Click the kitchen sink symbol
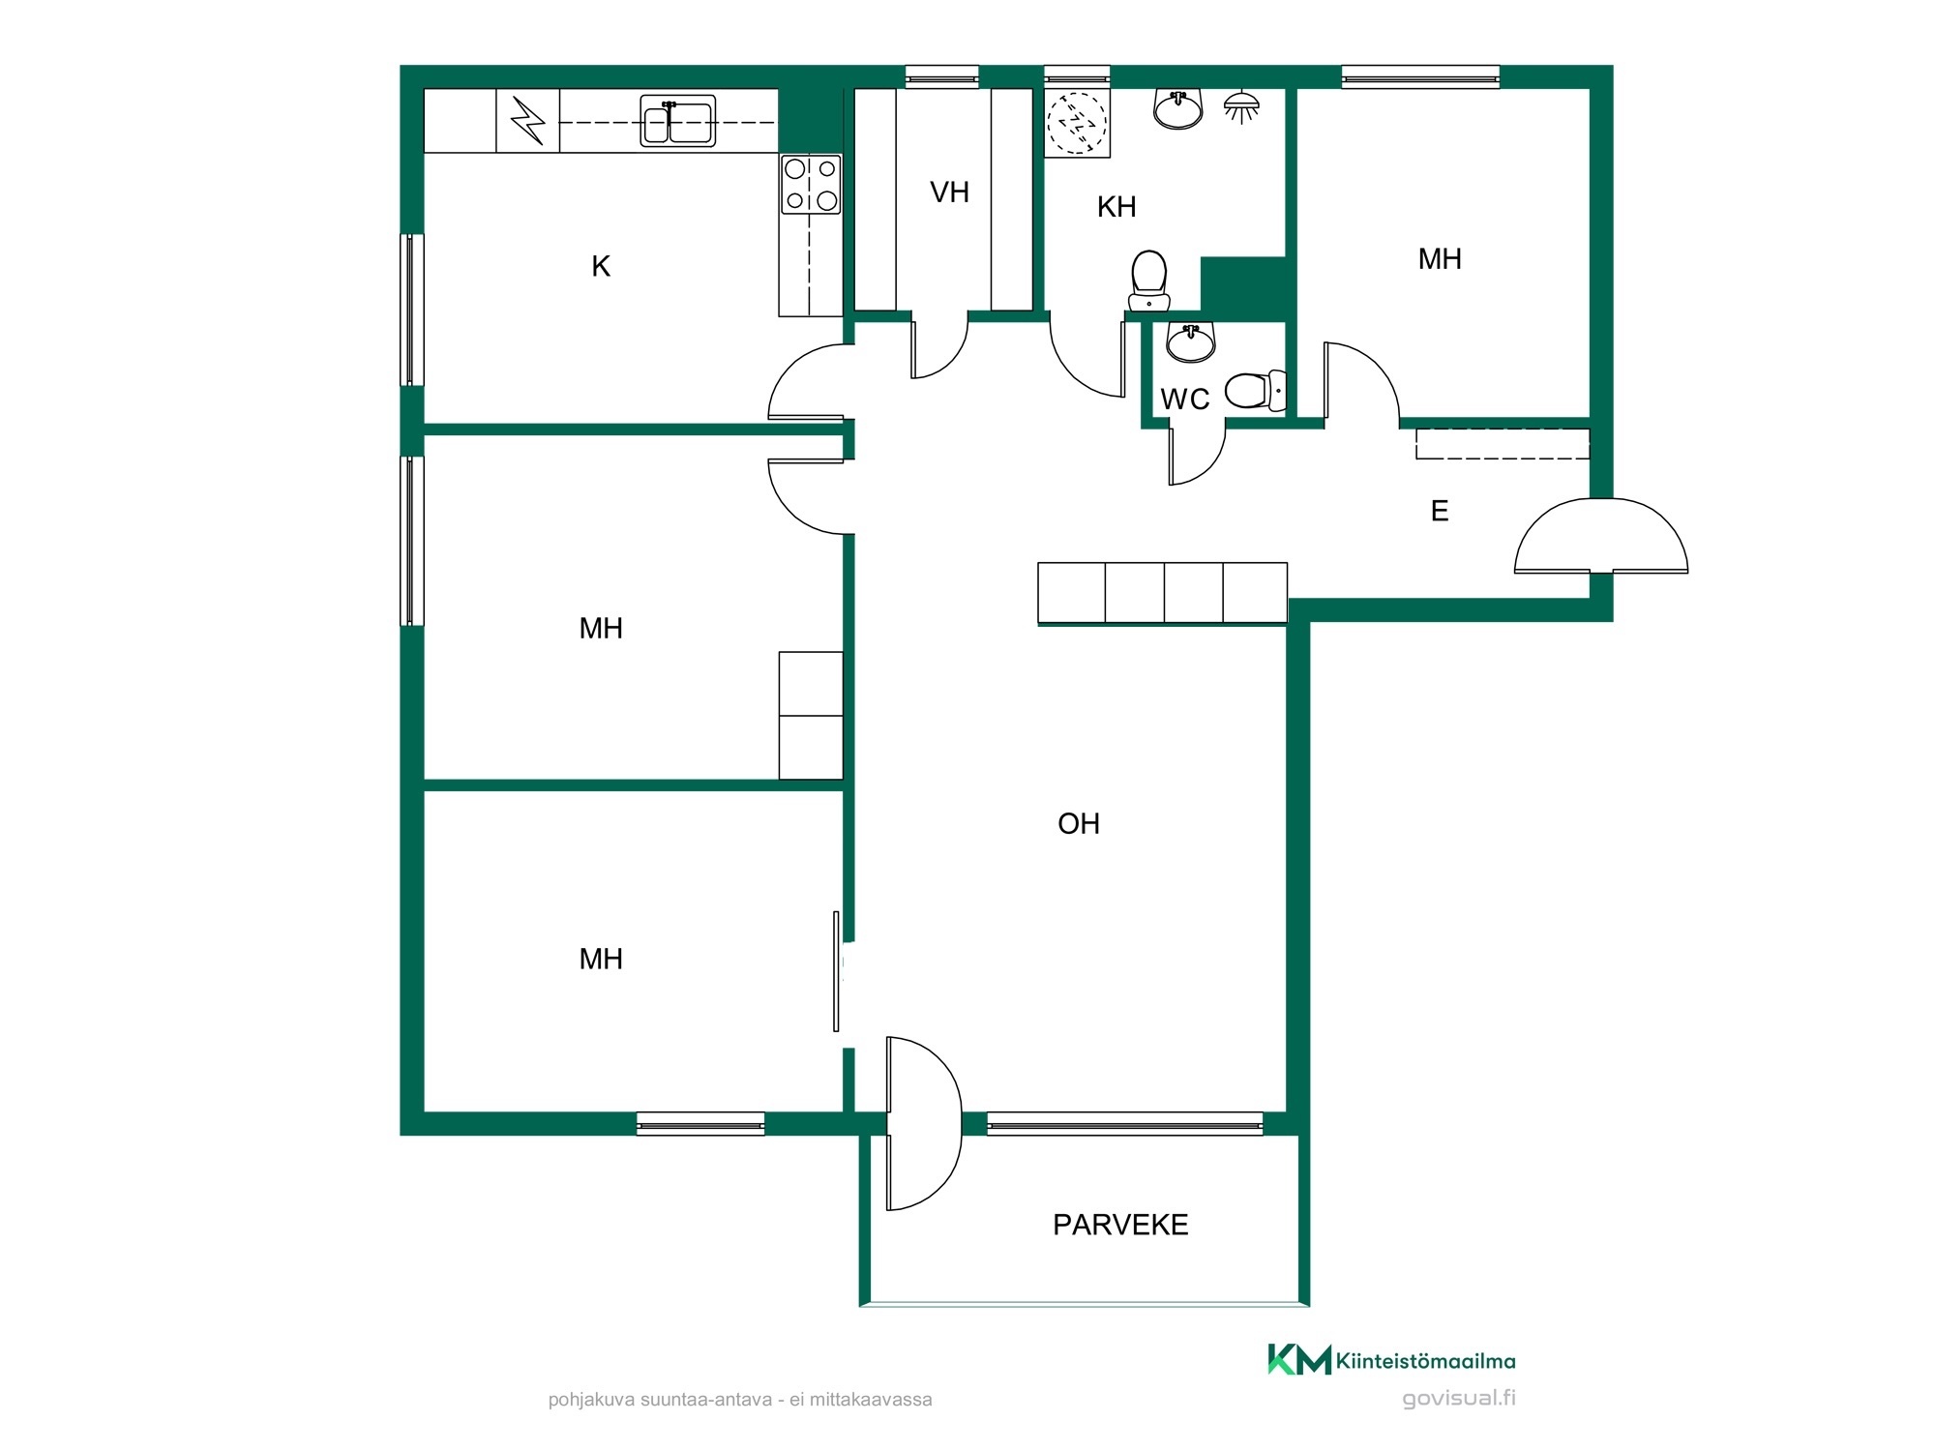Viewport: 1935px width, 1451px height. [677, 121]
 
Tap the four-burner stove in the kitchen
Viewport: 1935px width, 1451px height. [811, 185]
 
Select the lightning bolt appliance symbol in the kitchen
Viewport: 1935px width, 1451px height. [528, 121]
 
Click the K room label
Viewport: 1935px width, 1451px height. [601, 266]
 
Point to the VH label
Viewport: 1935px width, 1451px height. [949, 192]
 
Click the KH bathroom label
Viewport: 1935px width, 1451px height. [1116, 206]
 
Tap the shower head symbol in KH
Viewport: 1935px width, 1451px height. [1241, 106]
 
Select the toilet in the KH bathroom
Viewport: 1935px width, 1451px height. [1149, 281]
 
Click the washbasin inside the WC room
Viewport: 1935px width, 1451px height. [1191, 341]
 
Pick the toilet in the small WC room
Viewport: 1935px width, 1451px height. [1256, 391]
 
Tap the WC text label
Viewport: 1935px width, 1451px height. [1185, 399]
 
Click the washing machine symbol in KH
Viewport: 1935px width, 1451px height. [1077, 123]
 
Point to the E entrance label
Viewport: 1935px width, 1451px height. [1440, 511]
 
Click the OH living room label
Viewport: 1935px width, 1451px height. [1079, 823]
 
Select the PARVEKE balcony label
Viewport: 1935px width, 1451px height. [1120, 1225]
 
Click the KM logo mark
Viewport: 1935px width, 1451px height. [1299, 1359]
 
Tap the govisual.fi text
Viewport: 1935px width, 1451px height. [1459, 1398]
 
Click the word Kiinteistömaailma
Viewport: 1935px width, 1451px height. [1426, 1361]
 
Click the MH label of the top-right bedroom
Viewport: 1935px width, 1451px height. [1440, 258]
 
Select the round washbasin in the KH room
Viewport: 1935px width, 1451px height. [1178, 108]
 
